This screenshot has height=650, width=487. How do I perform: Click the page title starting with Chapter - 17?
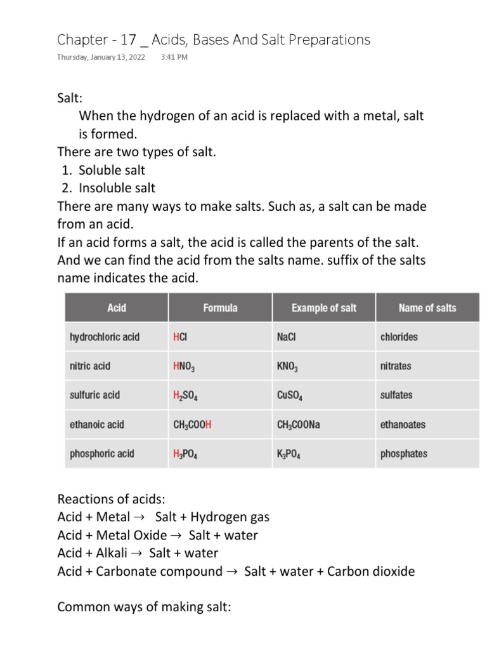click(214, 39)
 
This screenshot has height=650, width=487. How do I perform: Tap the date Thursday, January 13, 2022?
click(101, 57)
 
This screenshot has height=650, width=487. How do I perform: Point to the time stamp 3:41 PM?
click(174, 57)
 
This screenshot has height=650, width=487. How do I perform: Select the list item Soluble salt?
click(112, 170)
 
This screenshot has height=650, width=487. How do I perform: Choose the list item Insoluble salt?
click(117, 188)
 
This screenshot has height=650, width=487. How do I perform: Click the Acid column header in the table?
click(117, 308)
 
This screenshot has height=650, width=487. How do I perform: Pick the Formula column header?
click(220, 308)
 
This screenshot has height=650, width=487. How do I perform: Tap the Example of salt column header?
click(323, 308)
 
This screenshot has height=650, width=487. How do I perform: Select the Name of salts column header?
click(427, 308)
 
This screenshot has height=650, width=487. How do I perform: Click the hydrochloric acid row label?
click(104, 337)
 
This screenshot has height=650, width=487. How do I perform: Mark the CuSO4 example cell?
click(290, 395)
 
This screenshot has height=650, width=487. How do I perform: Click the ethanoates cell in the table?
click(403, 425)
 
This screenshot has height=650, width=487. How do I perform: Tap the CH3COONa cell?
click(299, 425)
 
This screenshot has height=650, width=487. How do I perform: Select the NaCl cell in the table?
click(287, 337)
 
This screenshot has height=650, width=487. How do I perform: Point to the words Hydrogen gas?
click(230, 517)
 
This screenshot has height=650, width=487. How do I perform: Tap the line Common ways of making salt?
click(144, 607)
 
